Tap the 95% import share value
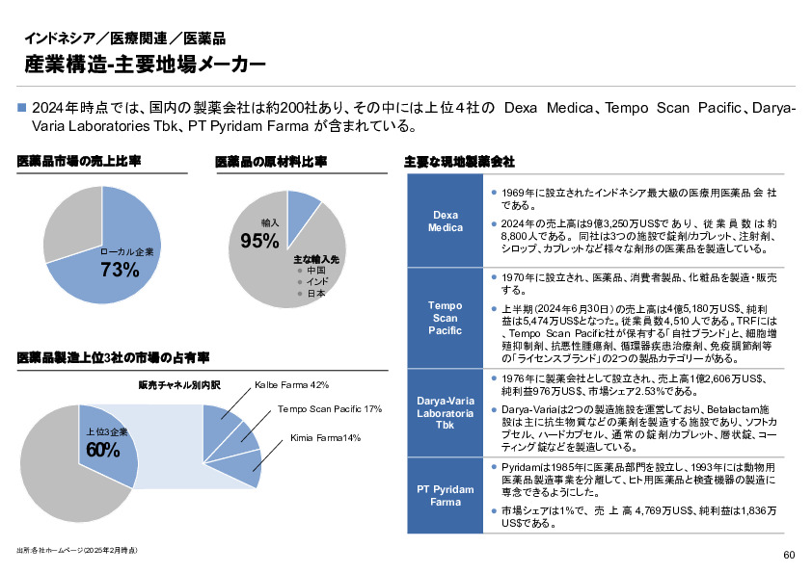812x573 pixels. click(x=259, y=241)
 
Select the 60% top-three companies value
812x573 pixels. click(x=103, y=450)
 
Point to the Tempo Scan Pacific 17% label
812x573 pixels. click(x=330, y=409)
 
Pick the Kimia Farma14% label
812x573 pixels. click(x=325, y=438)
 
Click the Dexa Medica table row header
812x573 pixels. click(x=445, y=221)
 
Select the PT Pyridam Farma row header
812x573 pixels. click(x=445, y=496)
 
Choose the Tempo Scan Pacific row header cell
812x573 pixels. click(x=445, y=318)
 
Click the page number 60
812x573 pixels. click(x=789, y=555)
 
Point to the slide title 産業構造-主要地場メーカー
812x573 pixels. click(x=145, y=65)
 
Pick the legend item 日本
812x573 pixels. click(x=315, y=293)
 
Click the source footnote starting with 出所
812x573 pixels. click(x=76, y=550)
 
